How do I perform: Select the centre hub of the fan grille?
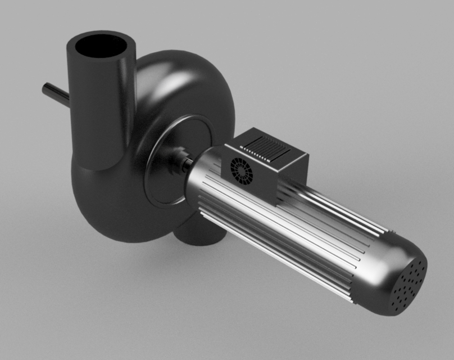[242, 170]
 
